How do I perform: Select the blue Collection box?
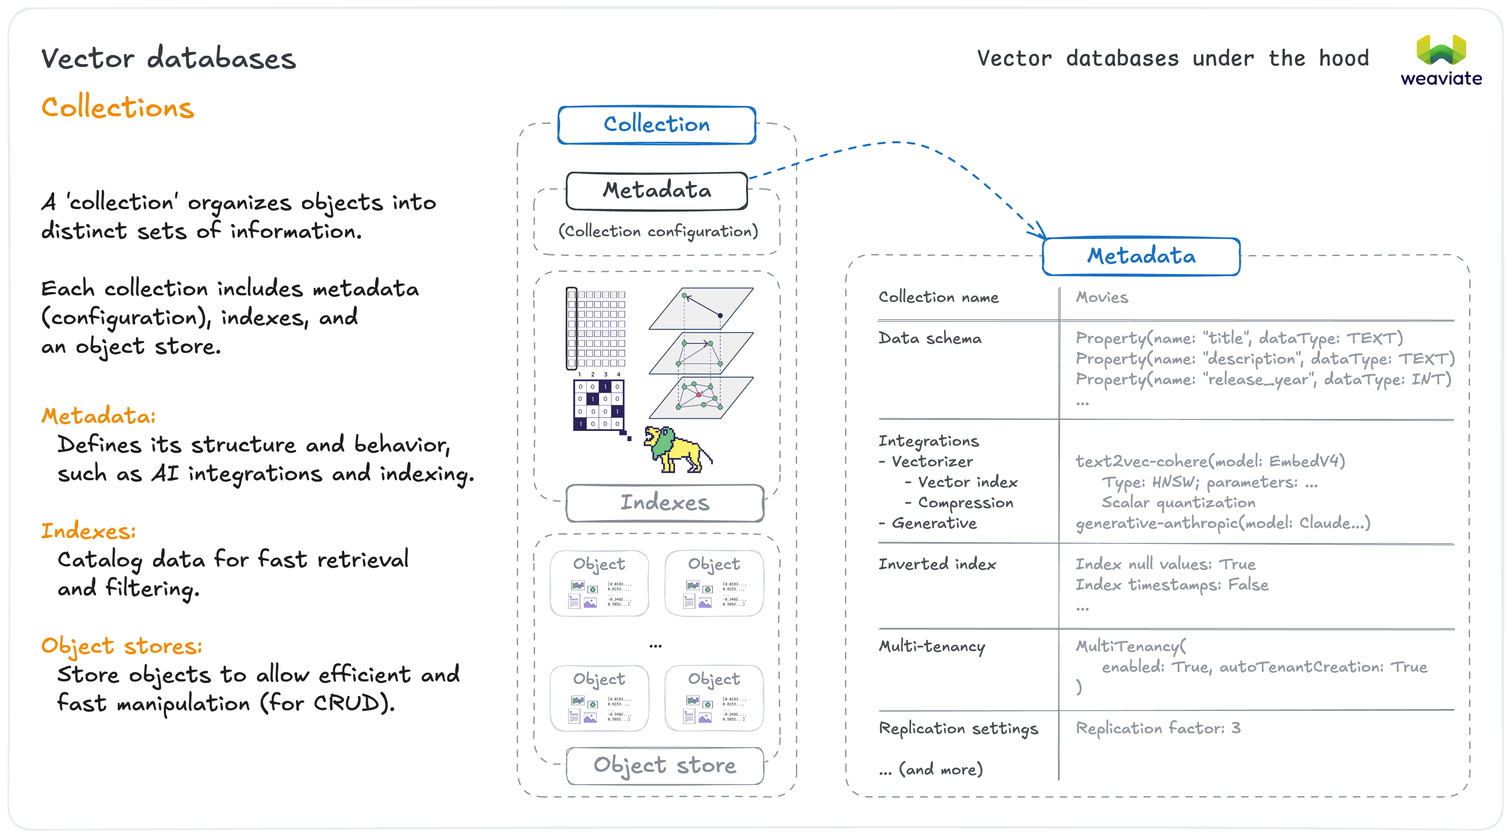[x=657, y=124]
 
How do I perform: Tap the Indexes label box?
[x=665, y=503]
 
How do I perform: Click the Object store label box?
[x=665, y=765]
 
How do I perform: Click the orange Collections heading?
[x=117, y=108]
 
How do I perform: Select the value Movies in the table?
[x=1102, y=297]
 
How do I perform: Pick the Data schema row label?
[x=930, y=338]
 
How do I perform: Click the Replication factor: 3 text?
[x=1158, y=728]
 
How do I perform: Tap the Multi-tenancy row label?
[x=932, y=646]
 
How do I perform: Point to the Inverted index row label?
[x=937, y=564]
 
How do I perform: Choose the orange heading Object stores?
[x=122, y=646]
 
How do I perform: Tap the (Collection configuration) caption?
[x=657, y=232]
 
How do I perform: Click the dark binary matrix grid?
[x=598, y=405]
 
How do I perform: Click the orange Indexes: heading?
[x=88, y=531]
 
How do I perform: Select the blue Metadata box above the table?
[x=1141, y=256]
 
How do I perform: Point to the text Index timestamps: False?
[x=1171, y=585]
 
